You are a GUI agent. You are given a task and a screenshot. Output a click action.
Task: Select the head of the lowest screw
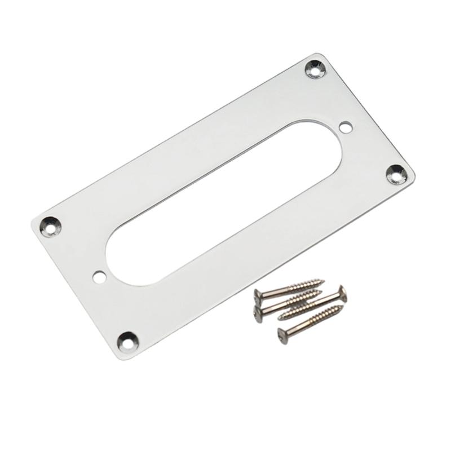pyautogui.click(x=282, y=334)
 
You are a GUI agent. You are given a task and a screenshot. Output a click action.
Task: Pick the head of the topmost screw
pyautogui.click(x=258, y=294)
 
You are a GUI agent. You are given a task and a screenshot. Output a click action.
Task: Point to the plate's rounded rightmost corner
pyautogui.click(x=413, y=176)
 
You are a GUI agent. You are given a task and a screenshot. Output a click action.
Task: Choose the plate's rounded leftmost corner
pyautogui.click(x=32, y=225)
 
